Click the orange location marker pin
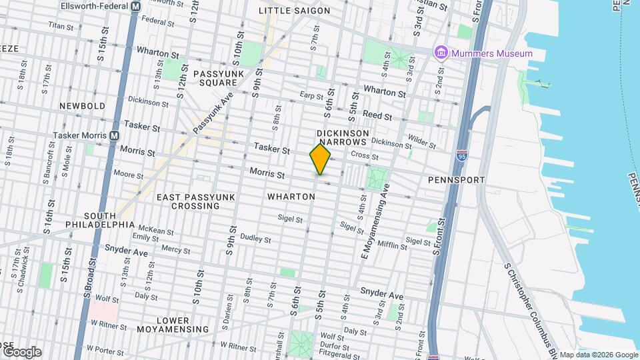(x=320, y=159)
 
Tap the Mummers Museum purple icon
(x=440, y=53)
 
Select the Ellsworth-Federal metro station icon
(x=136, y=5)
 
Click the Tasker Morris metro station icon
(x=115, y=135)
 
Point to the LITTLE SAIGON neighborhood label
(x=294, y=11)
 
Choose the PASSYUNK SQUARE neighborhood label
(x=215, y=77)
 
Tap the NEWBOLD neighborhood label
(x=82, y=106)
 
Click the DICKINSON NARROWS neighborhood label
(x=343, y=138)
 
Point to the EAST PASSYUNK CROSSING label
(x=188, y=201)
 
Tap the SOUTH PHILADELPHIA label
(x=100, y=220)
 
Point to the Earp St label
(x=311, y=96)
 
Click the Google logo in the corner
(x=21, y=351)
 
